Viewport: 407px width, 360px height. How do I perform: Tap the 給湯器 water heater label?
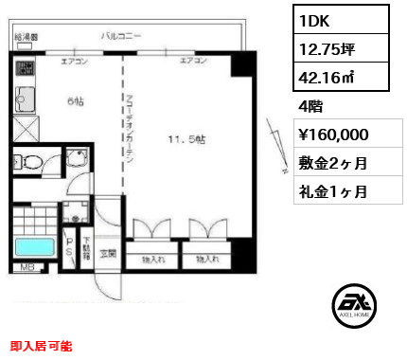[x=27, y=37]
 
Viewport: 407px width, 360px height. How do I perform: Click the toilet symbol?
[x=35, y=162]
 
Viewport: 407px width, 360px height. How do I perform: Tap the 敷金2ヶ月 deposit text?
[x=332, y=163]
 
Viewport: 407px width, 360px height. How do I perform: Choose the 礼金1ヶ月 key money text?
[x=332, y=191]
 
